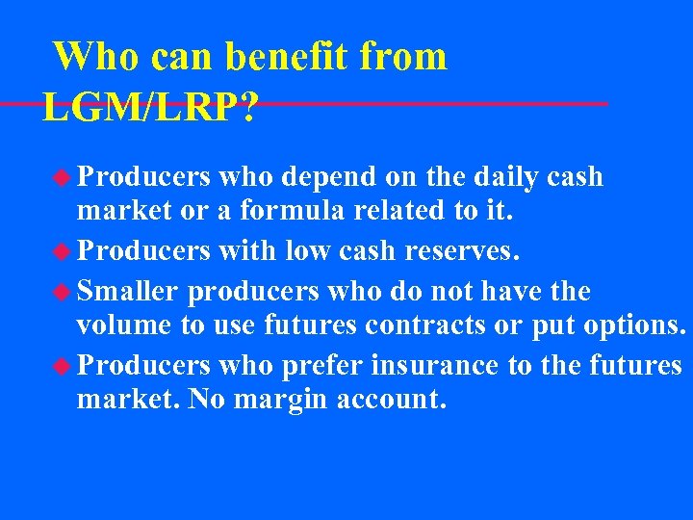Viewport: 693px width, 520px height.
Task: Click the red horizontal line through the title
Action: click(433, 103)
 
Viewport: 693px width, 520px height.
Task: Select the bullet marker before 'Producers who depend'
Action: click(64, 177)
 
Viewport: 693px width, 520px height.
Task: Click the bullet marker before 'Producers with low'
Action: click(64, 252)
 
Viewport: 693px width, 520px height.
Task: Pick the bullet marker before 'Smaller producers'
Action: click(64, 290)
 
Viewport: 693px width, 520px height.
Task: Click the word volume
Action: click(124, 326)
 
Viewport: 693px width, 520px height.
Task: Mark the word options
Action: click(629, 326)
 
